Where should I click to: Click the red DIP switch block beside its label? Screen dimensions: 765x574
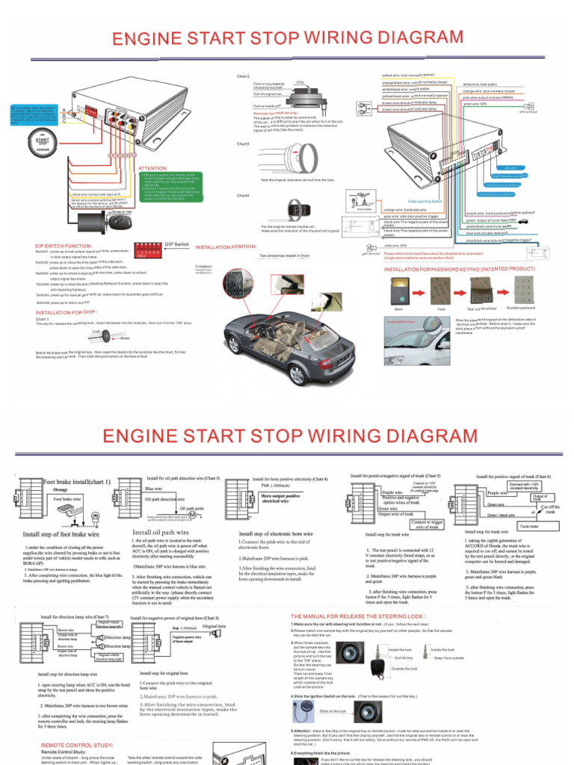point(149,253)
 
